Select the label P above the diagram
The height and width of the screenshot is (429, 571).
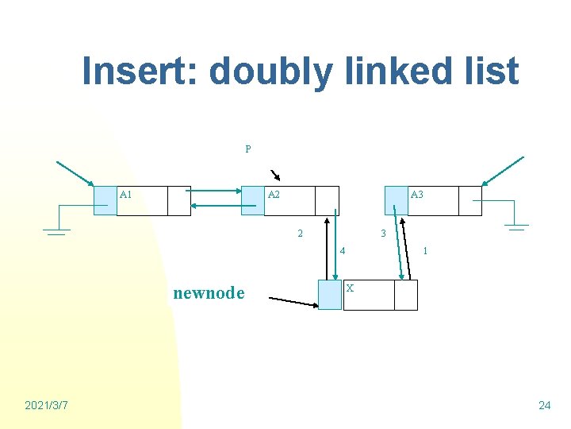(x=248, y=149)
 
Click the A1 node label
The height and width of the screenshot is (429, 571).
(x=125, y=195)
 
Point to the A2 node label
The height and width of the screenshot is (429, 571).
(x=274, y=195)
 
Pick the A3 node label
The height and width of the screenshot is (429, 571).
(x=416, y=195)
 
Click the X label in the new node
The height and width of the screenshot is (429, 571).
(x=350, y=288)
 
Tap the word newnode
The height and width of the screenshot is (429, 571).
(x=209, y=293)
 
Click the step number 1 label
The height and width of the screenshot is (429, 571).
(x=426, y=251)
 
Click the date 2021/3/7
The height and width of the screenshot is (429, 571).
(x=46, y=406)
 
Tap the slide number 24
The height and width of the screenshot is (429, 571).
(x=544, y=406)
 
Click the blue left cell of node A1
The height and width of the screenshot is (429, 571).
(x=105, y=201)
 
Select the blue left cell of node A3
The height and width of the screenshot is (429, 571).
(x=396, y=201)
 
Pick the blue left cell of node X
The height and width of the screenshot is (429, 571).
(x=329, y=295)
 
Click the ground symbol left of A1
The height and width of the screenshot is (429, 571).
(x=56, y=231)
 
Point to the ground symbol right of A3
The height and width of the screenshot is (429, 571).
(x=516, y=227)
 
